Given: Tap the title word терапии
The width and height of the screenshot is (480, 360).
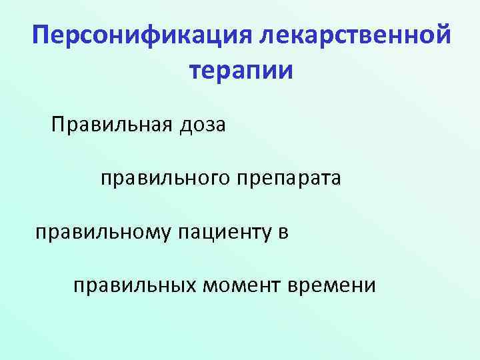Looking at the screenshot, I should pyautogui.click(x=241, y=69).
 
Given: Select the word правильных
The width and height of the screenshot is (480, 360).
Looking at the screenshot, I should pyautogui.click(x=135, y=286).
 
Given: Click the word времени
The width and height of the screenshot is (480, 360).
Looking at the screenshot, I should pyautogui.click(x=333, y=286).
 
